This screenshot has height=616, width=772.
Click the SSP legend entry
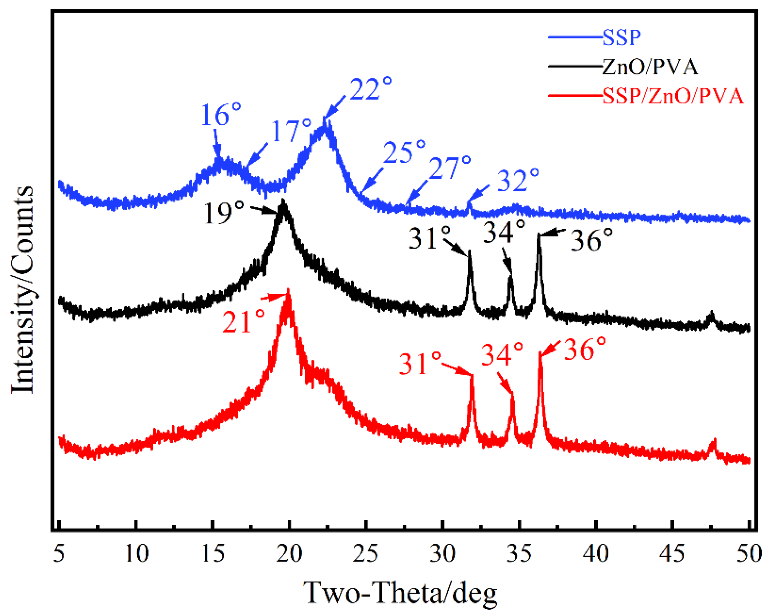[621, 37]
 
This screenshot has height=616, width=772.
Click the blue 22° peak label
[370, 89]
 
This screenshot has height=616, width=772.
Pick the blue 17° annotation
[291, 131]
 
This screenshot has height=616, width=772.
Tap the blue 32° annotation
[518, 181]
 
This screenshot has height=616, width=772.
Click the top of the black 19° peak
[283, 200]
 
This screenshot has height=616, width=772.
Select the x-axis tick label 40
[595, 554]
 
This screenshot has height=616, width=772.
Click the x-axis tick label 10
[137, 554]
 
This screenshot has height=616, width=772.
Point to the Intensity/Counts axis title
[22, 290]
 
